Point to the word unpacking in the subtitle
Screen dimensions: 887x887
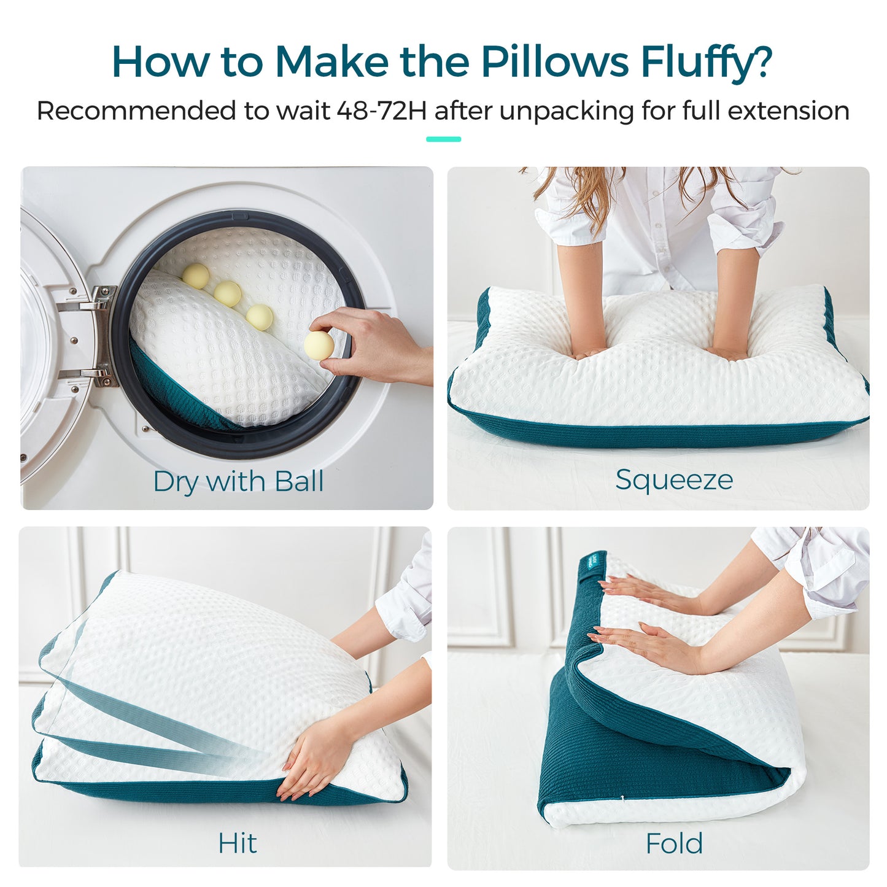pos(566,111)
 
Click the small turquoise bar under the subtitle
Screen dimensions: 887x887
pos(443,139)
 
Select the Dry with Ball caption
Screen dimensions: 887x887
pos(238,481)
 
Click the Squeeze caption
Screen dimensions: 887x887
pos(673,479)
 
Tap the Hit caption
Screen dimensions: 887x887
pos(237,843)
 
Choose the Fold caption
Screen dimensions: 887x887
pos(673,843)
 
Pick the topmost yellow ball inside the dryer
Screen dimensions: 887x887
pos(195,276)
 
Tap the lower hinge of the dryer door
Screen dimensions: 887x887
pos(98,373)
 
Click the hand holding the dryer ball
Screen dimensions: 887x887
pos(374,347)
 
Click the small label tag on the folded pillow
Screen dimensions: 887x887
pos(592,564)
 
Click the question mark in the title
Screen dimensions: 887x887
pos(761,62)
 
